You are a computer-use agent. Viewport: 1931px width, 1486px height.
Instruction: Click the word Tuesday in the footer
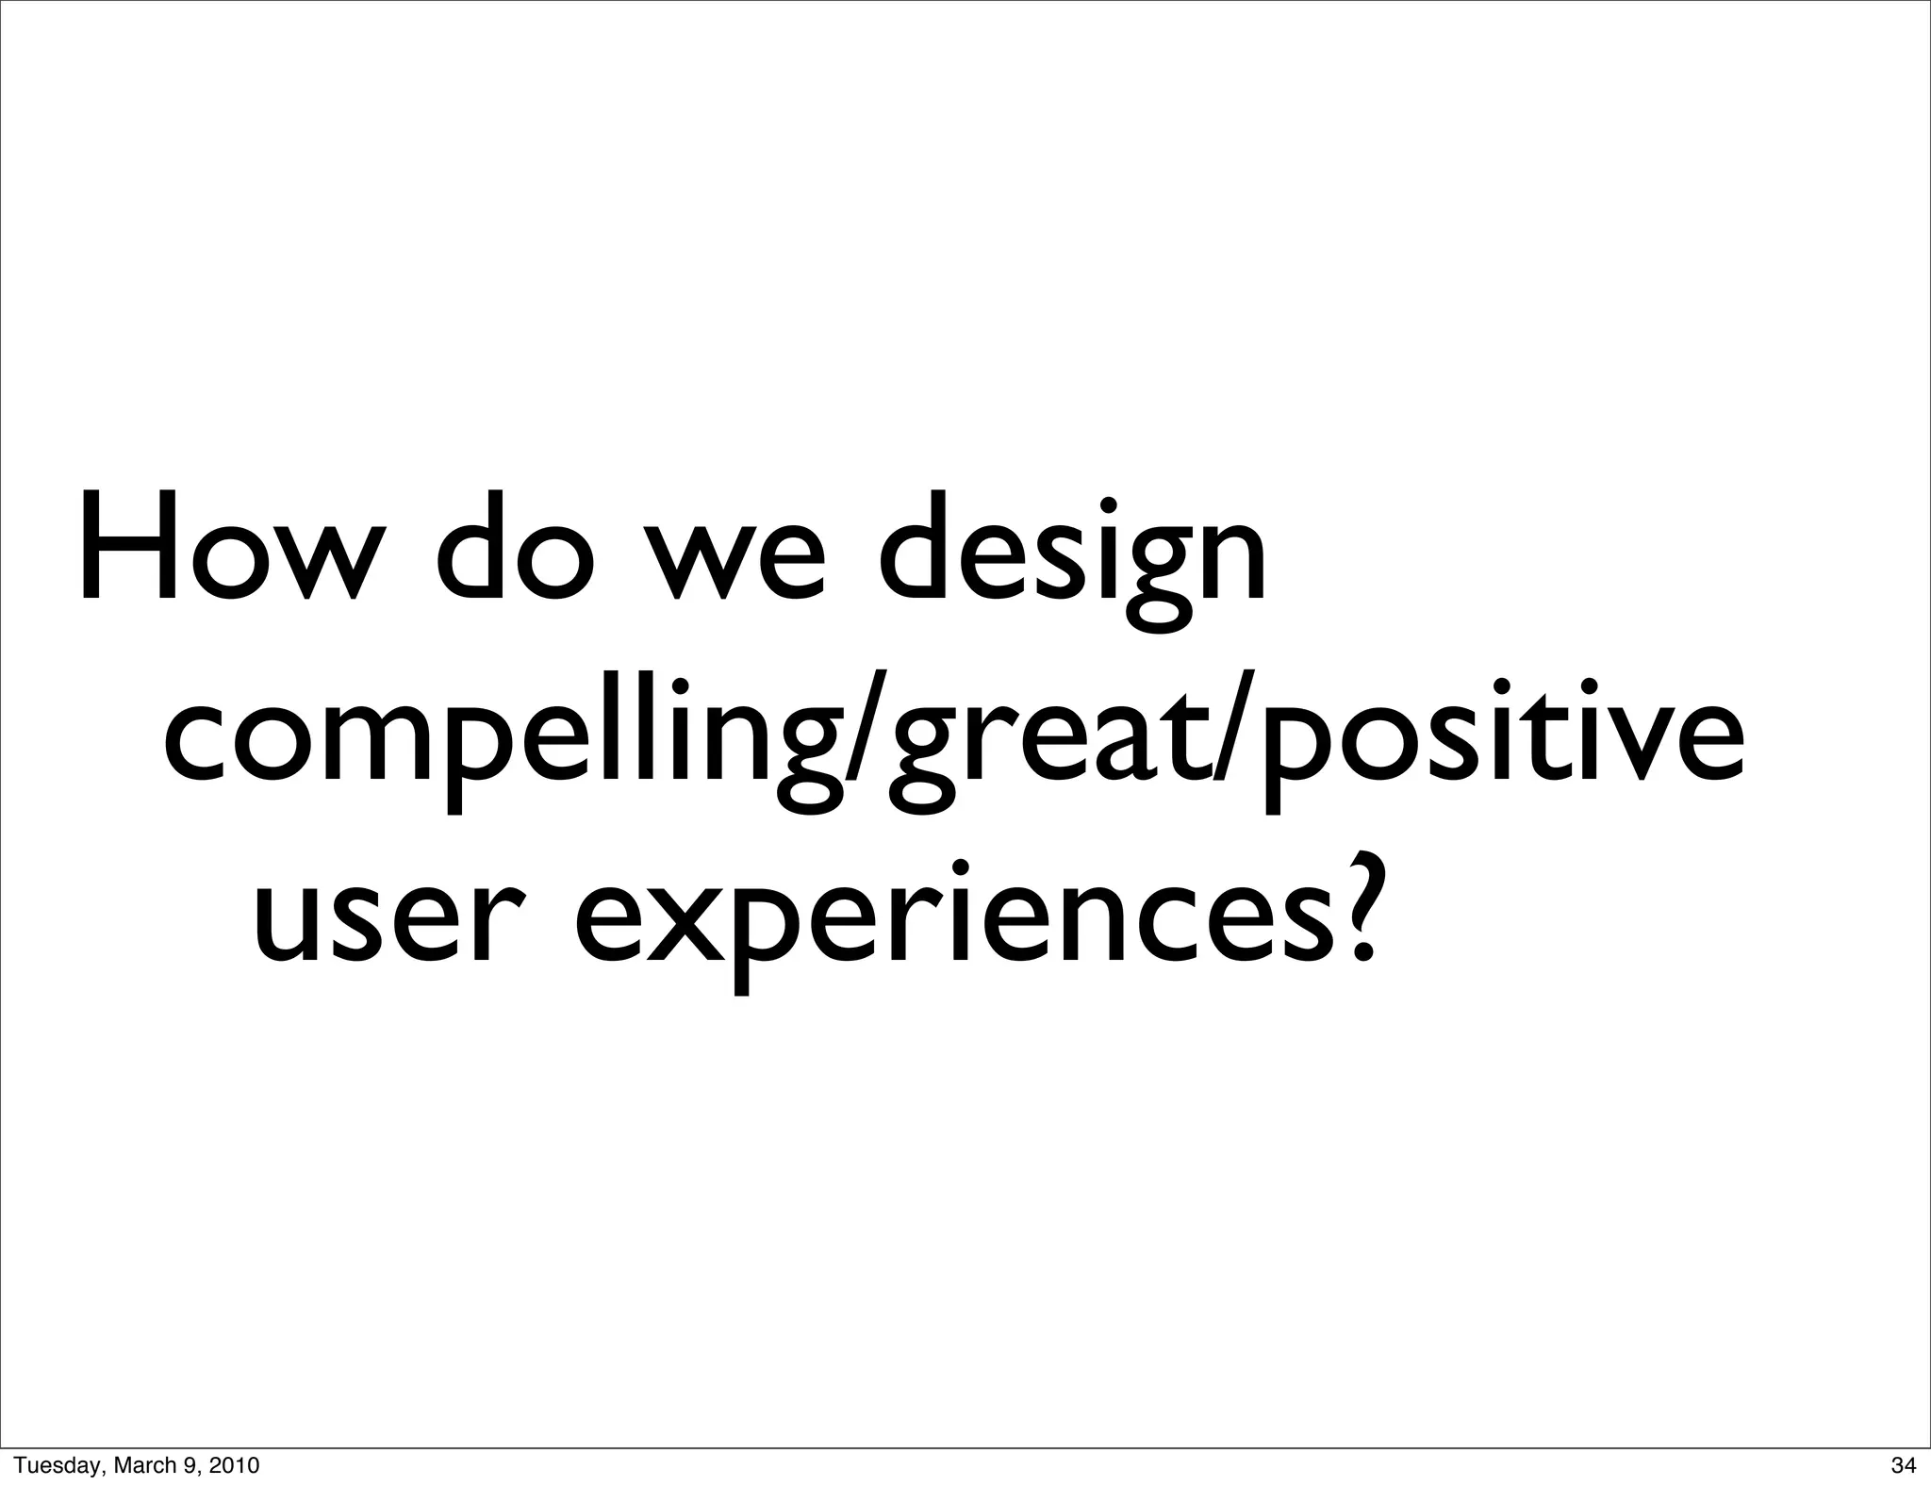click(47, 1465)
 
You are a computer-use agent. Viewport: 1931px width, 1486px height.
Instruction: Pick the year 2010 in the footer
click(230, 1465)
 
